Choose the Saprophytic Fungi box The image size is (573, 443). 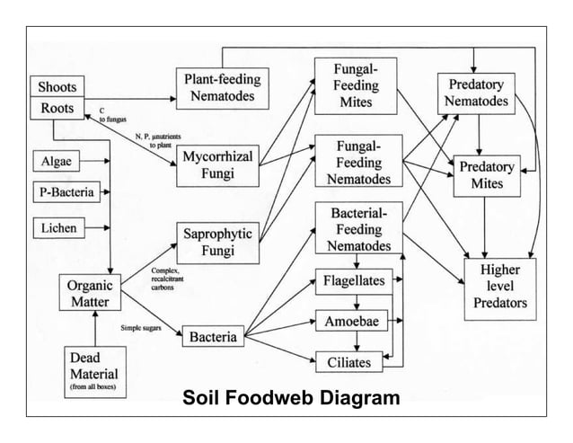point(216,241)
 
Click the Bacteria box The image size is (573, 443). point(213,338)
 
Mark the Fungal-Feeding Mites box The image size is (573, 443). point(356,85)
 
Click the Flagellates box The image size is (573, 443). point(355,281)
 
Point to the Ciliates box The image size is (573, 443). point(355,361)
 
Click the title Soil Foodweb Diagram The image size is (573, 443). point(290,397)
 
